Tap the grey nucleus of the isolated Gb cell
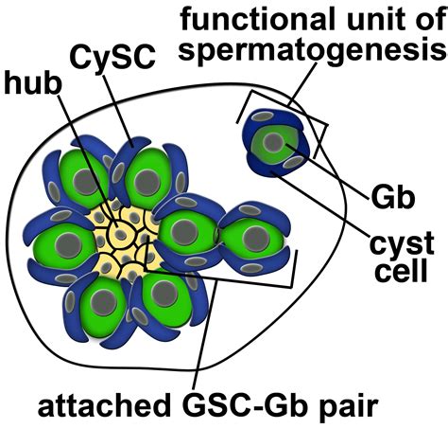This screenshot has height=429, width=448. [272, 142]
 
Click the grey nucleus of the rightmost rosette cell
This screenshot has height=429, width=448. [250, 236]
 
